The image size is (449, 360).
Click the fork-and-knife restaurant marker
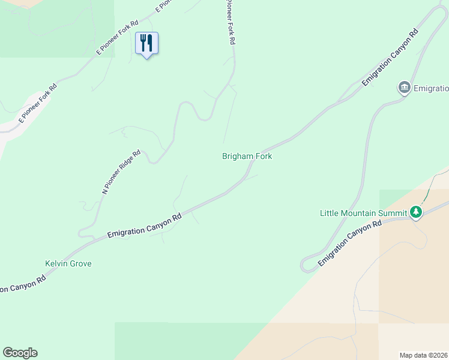point(146,44)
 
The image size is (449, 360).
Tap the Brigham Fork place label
point(247,157)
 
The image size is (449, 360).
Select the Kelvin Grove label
point(68,264)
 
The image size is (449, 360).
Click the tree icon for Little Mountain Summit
point(415,212)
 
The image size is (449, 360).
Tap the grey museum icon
point(404,88)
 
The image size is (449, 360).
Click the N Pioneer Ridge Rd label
point(121,172)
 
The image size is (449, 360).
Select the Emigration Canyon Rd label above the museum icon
point(390,58)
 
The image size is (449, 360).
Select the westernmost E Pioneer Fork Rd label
point(37,103)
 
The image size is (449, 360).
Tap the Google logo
point(20,353)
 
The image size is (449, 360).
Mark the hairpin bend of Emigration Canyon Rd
point(305,265)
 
